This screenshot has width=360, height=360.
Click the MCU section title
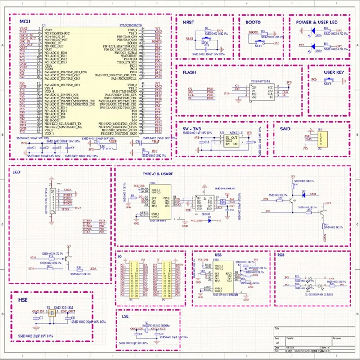[24, 22]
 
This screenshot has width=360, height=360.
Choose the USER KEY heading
[334, 72]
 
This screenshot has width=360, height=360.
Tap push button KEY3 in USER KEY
[328, 81]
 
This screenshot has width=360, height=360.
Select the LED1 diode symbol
[314, 31]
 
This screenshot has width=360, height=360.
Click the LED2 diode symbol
[314, 46]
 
